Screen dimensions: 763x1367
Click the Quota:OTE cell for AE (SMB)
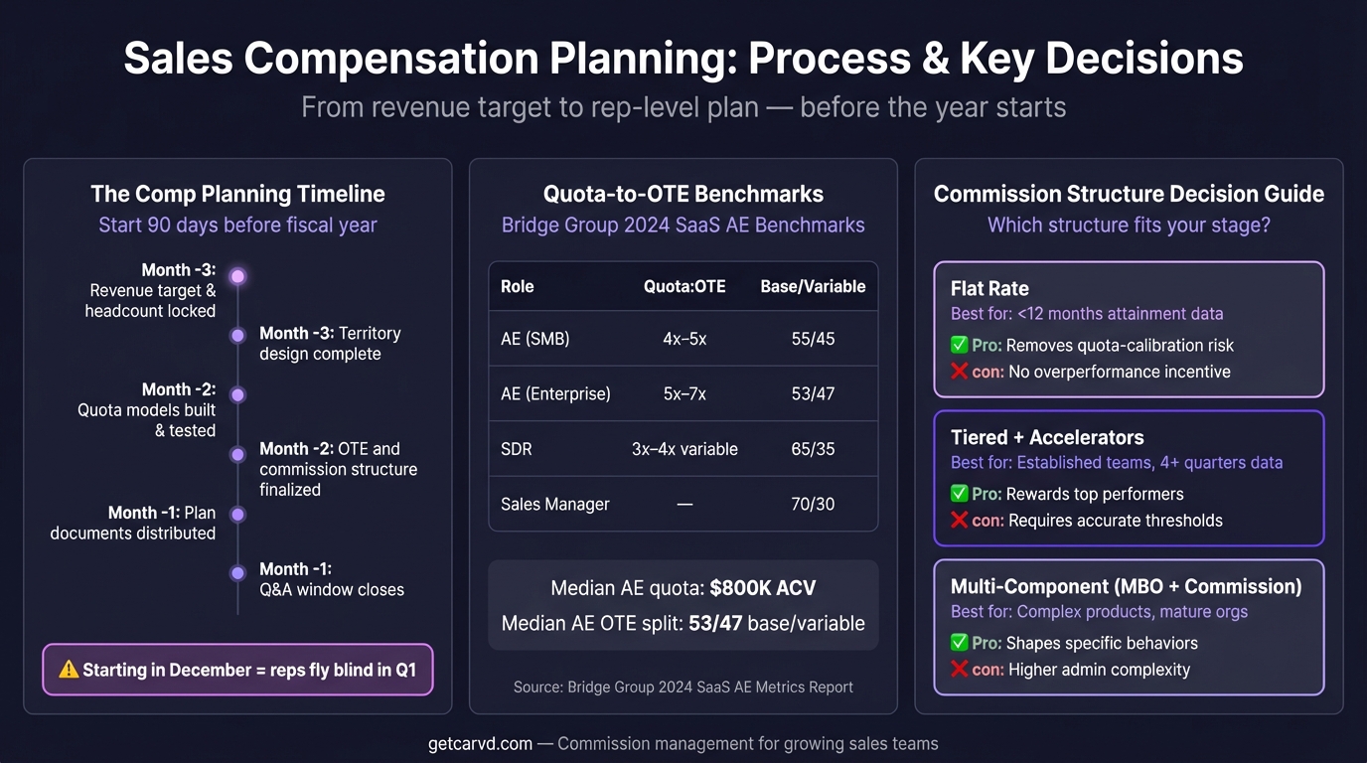[684, 339]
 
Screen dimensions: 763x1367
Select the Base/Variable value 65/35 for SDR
[813, 449]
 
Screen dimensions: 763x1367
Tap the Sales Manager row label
[554, 504]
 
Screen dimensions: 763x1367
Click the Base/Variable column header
[813, 286]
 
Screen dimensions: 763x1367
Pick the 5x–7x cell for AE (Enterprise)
[684, 393]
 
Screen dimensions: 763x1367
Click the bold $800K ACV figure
[762, 588]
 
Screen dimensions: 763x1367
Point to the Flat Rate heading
[988, 289]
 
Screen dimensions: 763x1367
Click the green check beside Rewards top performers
[960, 494]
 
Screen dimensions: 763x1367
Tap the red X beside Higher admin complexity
[960, 669]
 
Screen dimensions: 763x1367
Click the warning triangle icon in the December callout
[69, 670]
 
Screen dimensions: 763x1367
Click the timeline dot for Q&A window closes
[237, 573]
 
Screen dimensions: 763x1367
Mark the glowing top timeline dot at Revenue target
[237, 276]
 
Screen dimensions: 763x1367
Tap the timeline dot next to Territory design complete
[237, 336]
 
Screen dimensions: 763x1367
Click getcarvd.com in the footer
[480, 743]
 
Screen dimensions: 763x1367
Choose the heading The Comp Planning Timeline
[237, 194]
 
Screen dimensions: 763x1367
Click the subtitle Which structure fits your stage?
[1129, 225]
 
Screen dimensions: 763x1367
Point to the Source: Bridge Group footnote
[683, 687]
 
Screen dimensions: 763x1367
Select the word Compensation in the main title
[383, 59]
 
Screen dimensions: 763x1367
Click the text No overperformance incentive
[1119, 372]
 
